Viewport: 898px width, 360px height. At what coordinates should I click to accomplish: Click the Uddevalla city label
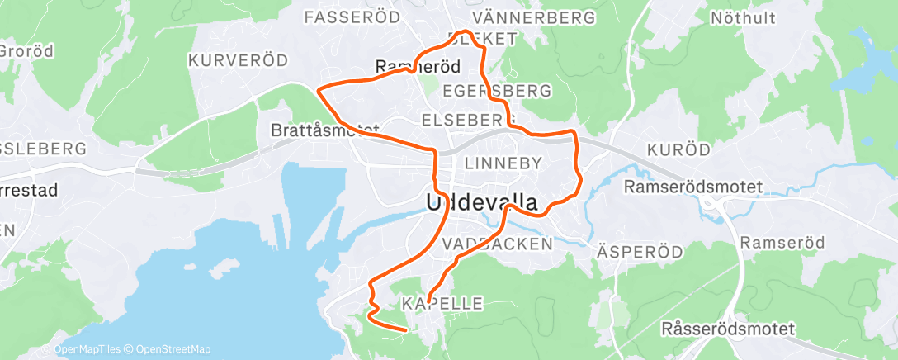pyautogui.click(x=482, y=202)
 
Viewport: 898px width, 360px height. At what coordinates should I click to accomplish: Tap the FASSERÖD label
pyautogui.click(x=352, y=17)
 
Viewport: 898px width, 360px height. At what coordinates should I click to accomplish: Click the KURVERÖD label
pyautogui.click(x=238, y=60)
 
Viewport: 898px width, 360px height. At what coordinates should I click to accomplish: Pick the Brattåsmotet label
pyautogui.click(x=324, y=130)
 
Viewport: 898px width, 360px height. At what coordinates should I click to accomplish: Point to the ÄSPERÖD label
pyautogui.click(x=640, y=250)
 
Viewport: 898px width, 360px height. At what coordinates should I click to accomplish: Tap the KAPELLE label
pyautogui.click(x=442, y=304)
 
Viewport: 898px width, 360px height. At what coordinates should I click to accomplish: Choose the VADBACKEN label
pyautogui.click(x=497, y=244)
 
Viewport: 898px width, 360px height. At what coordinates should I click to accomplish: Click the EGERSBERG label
pyautogui.click(x=497, y=89)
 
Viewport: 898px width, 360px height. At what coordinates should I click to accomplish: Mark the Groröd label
pyautogui.click(x=26, y=51)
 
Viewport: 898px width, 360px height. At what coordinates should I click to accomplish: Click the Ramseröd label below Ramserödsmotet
pyautogui.click(x=777, y=243)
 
